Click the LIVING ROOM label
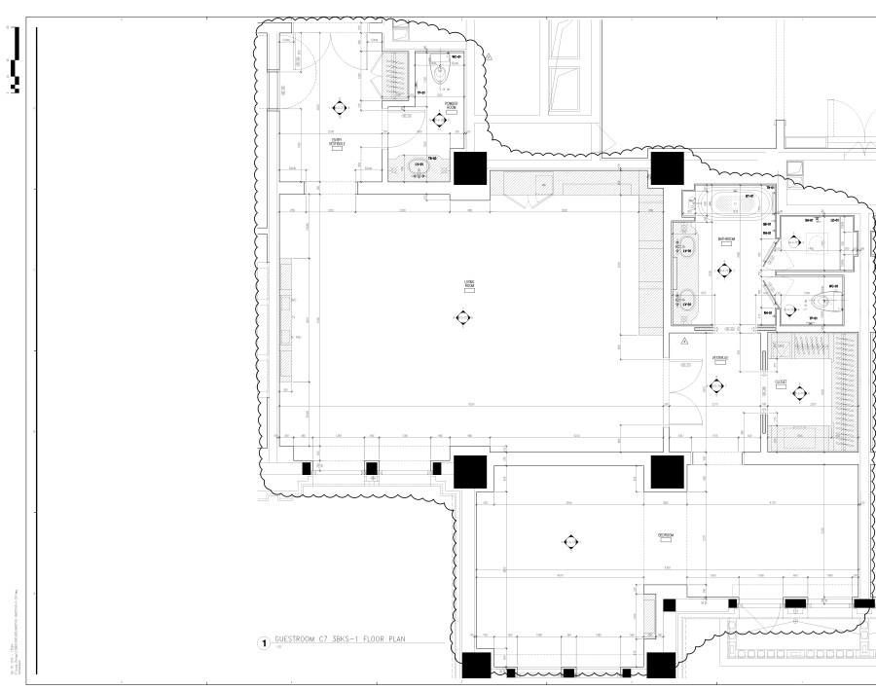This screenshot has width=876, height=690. coord(469,283)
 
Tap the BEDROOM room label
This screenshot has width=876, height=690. coord(665,535)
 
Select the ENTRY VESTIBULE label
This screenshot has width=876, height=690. coord(337,142)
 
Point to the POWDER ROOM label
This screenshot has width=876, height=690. coord(452,104)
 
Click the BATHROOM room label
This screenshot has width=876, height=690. coord(725,238)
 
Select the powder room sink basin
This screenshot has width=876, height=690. coord(420,164)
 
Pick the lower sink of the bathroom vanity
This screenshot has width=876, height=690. coord(685,298)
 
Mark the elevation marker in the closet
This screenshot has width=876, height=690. coord(799,392)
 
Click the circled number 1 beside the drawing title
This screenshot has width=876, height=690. coord(262,643)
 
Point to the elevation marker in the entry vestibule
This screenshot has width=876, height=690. coord(340,107)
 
